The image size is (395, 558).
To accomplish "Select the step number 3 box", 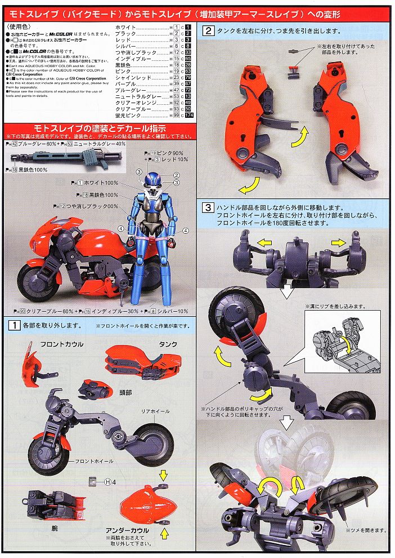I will [208, 206].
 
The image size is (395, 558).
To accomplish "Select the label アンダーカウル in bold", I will [128, 530].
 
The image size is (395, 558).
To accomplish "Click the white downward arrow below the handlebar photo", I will [287, 291].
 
